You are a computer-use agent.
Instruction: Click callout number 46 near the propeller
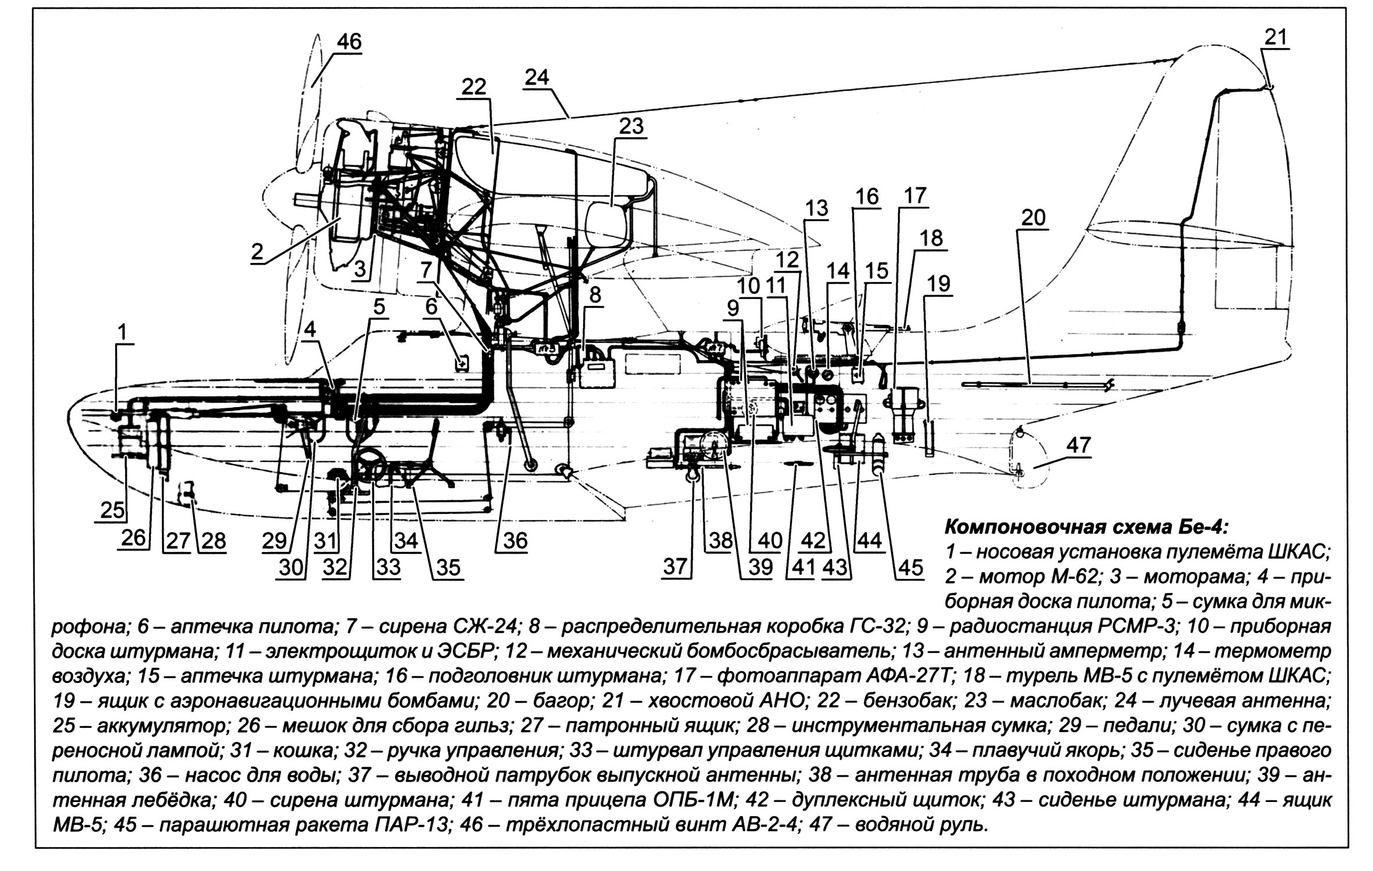tap(349, 42)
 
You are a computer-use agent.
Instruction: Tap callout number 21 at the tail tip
tap(1275, 37)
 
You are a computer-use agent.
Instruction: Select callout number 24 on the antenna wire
tap(537, 77)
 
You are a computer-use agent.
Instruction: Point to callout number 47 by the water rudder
tap(1078, 445)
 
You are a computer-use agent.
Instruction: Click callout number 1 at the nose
tap(122, 332)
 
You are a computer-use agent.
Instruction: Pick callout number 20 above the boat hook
tap(1033, 218)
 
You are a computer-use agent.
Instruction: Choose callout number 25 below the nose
tap(113, 510)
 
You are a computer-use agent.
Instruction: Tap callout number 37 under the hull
tap(675, 566)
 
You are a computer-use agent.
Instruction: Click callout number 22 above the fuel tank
tap(473, 87)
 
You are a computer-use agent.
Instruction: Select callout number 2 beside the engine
tap(257, 252)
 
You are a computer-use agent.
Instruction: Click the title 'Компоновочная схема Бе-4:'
tap(1086, 528)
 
